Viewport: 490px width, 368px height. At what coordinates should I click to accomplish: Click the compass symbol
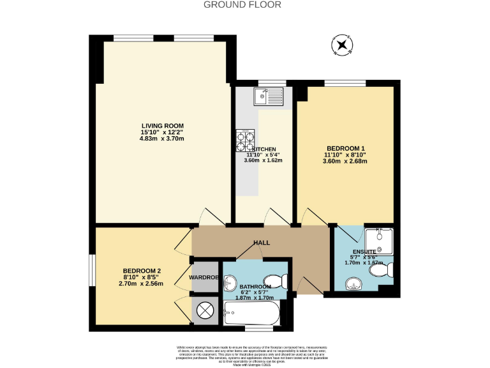[x=342, y=45]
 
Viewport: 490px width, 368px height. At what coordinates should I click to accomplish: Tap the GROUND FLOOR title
[x=242, y=4]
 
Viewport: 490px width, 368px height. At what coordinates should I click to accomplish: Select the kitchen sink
[x=267, y=96]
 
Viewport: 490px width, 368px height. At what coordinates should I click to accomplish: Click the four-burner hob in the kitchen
[x=245, y=138]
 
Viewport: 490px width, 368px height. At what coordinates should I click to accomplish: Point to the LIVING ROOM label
[x=162, y=125]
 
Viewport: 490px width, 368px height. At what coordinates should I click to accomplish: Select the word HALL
[x=262, y=243]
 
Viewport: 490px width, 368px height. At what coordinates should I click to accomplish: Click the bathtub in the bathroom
[x=251, y=314]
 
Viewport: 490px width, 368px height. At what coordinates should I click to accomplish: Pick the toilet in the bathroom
[x=278, y=281]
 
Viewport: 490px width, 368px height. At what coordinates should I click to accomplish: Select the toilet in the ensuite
[x=383, y=272]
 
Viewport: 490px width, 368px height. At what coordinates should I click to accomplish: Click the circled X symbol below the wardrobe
[x=205, y=310]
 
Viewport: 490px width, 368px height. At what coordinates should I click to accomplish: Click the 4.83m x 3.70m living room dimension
[x=162, y=139]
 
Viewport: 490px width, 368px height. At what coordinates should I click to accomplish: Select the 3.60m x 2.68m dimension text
[x=345, y=161]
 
